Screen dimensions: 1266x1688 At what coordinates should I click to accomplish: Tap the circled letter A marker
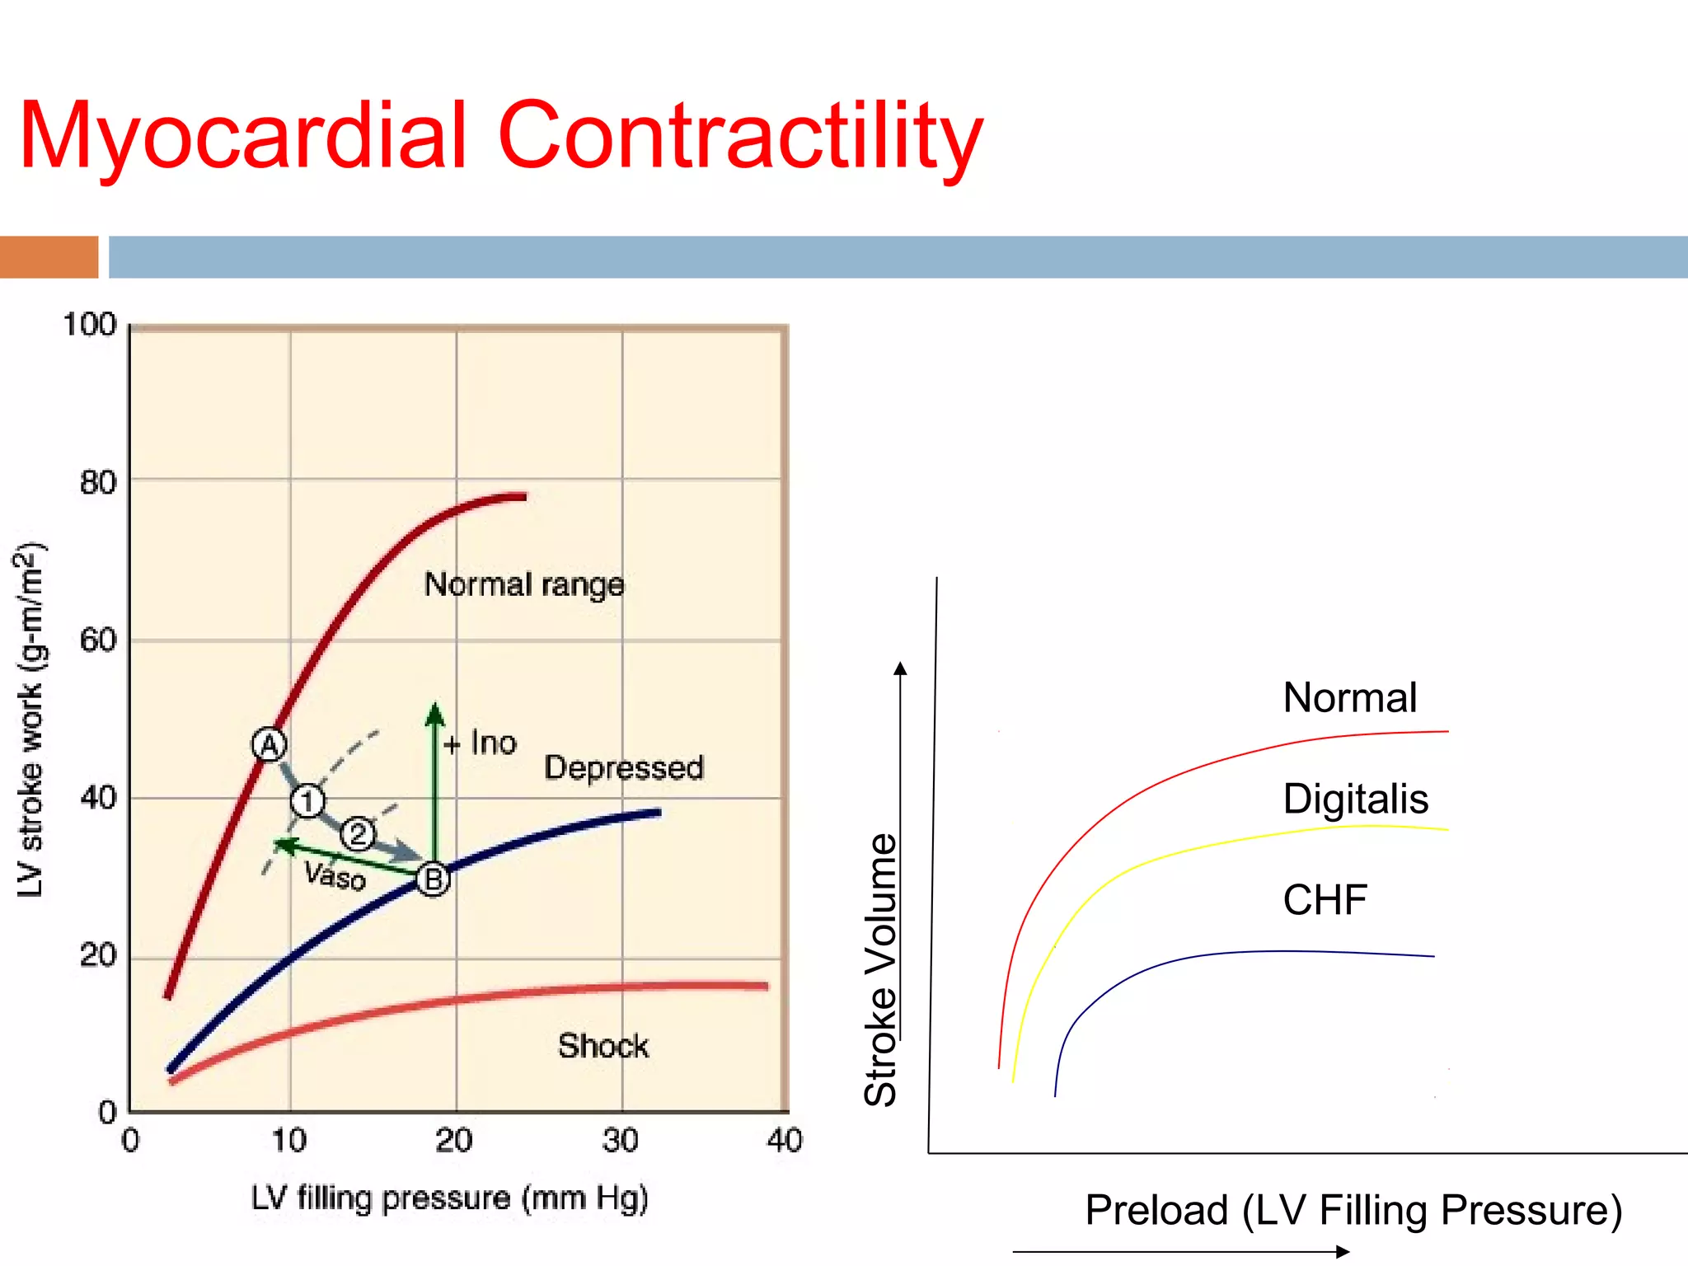269,745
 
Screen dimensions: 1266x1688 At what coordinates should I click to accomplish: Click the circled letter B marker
433,879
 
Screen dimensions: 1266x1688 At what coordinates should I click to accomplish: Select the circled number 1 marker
307,800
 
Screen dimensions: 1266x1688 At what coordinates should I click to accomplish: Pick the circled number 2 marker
358,834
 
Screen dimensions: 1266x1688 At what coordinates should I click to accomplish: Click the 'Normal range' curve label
524,584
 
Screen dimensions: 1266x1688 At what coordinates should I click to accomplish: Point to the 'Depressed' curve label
624,767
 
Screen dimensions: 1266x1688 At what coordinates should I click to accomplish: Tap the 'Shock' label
603,1046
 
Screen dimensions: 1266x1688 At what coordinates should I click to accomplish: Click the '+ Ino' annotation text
481,743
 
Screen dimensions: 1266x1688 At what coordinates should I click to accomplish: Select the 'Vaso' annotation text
335,875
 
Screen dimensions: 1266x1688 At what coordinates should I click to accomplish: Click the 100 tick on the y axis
90,324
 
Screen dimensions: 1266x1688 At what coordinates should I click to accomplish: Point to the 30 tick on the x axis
620,1141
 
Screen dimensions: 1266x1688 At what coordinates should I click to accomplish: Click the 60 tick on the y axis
98,640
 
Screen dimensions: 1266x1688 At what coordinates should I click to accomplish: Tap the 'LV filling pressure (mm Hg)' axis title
449,1198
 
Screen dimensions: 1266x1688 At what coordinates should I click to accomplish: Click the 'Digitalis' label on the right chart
1355,799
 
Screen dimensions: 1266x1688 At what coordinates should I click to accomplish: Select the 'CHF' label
1325,899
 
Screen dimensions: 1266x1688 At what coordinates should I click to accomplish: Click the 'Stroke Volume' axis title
880,969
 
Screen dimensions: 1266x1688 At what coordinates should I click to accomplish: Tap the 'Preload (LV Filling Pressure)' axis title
1353,1210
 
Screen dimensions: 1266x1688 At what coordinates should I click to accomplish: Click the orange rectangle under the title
49,257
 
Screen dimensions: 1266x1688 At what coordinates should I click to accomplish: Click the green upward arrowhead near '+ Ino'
434,714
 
